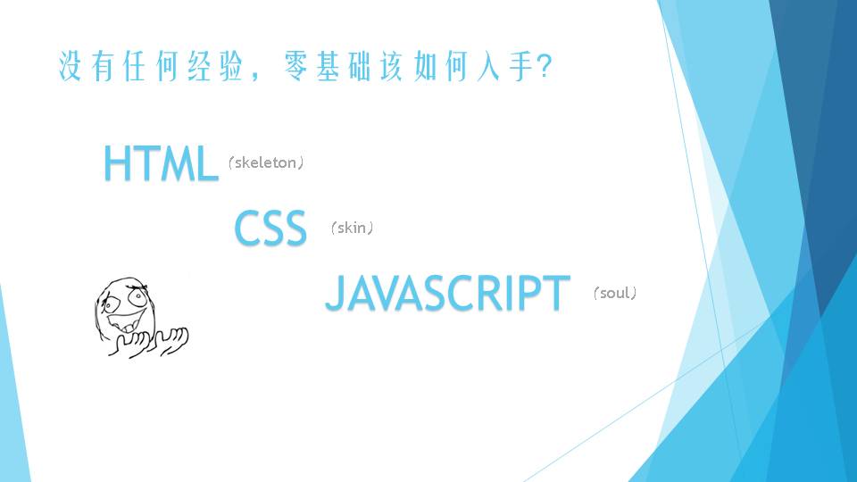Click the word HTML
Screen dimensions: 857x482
[162, 162]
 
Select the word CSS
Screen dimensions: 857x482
[270, 228]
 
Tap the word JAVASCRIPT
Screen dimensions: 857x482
[447, 293]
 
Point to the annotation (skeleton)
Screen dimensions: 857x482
[266, 162]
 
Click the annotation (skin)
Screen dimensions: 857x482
[352, 228]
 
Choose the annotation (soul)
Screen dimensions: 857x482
[615, 293]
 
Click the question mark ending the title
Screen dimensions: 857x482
[545, 67]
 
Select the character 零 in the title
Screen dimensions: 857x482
[295, 66]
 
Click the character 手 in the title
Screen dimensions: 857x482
[520, 66]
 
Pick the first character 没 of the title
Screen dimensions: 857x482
[70, 66]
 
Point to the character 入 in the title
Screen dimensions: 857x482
[488, 66]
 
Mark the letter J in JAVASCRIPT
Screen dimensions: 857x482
[335, 293]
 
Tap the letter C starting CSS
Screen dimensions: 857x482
[246, 228]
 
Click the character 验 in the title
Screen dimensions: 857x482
[231, 66]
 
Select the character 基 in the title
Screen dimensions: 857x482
[328, 66]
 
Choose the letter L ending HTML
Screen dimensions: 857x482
[208, 162]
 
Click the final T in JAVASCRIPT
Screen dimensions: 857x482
[559, 293]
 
